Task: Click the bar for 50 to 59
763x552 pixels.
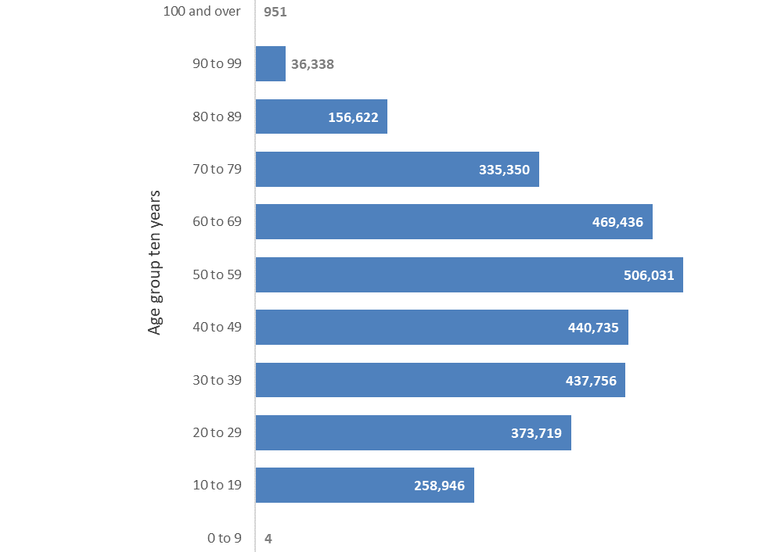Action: [469, 275]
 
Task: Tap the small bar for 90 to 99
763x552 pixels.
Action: [270, 64]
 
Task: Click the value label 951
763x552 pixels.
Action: [276, 12]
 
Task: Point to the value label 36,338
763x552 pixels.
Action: [312, 65]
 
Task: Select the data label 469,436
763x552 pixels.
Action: [617, 222]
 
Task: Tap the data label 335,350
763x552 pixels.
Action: [504, 170]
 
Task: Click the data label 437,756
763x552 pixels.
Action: [591, 381]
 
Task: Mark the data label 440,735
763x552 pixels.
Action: [593, 328]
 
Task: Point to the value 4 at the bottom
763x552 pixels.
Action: [268, 538]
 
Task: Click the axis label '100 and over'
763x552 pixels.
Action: [203, 11]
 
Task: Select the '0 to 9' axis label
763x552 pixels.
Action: [224, 538]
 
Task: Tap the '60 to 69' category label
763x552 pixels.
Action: [217, 221]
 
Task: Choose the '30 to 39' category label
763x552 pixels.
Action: [217, 380]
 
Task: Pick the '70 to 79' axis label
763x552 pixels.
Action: [217, 169]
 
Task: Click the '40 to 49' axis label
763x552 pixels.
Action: [217, 327]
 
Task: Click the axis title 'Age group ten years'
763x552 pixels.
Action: [155, 262]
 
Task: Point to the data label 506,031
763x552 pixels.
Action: [648, 275]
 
